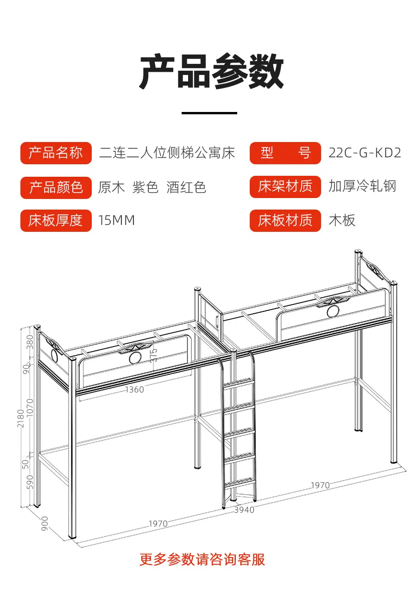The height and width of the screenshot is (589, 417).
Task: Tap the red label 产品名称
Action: coord(56,153)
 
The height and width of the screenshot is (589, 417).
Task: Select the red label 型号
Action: coord(285,153)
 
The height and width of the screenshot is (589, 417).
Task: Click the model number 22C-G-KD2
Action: coord(365,153)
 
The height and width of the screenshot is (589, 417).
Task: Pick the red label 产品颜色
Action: coord(56,188)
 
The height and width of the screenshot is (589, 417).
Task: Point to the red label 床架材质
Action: coord(285,186)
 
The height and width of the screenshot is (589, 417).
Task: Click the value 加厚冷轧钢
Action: coord(362,186)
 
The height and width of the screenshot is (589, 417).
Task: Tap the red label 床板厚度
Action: coord(56,221)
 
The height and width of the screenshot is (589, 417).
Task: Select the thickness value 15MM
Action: coord(116,220)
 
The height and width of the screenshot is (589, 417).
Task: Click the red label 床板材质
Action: coord(285,221)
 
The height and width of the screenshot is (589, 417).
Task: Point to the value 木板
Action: coord(342,220)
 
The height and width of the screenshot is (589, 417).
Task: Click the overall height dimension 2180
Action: coord(20,418)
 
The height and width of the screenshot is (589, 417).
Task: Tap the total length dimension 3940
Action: coord(244,510)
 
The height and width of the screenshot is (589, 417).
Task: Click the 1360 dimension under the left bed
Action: coord(134,390)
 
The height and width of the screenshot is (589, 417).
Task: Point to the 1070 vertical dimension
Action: coord(30,408)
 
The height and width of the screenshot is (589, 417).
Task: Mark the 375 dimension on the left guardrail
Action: coord(153,355)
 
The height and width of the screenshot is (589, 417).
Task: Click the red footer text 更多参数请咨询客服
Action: coord(202,559)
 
